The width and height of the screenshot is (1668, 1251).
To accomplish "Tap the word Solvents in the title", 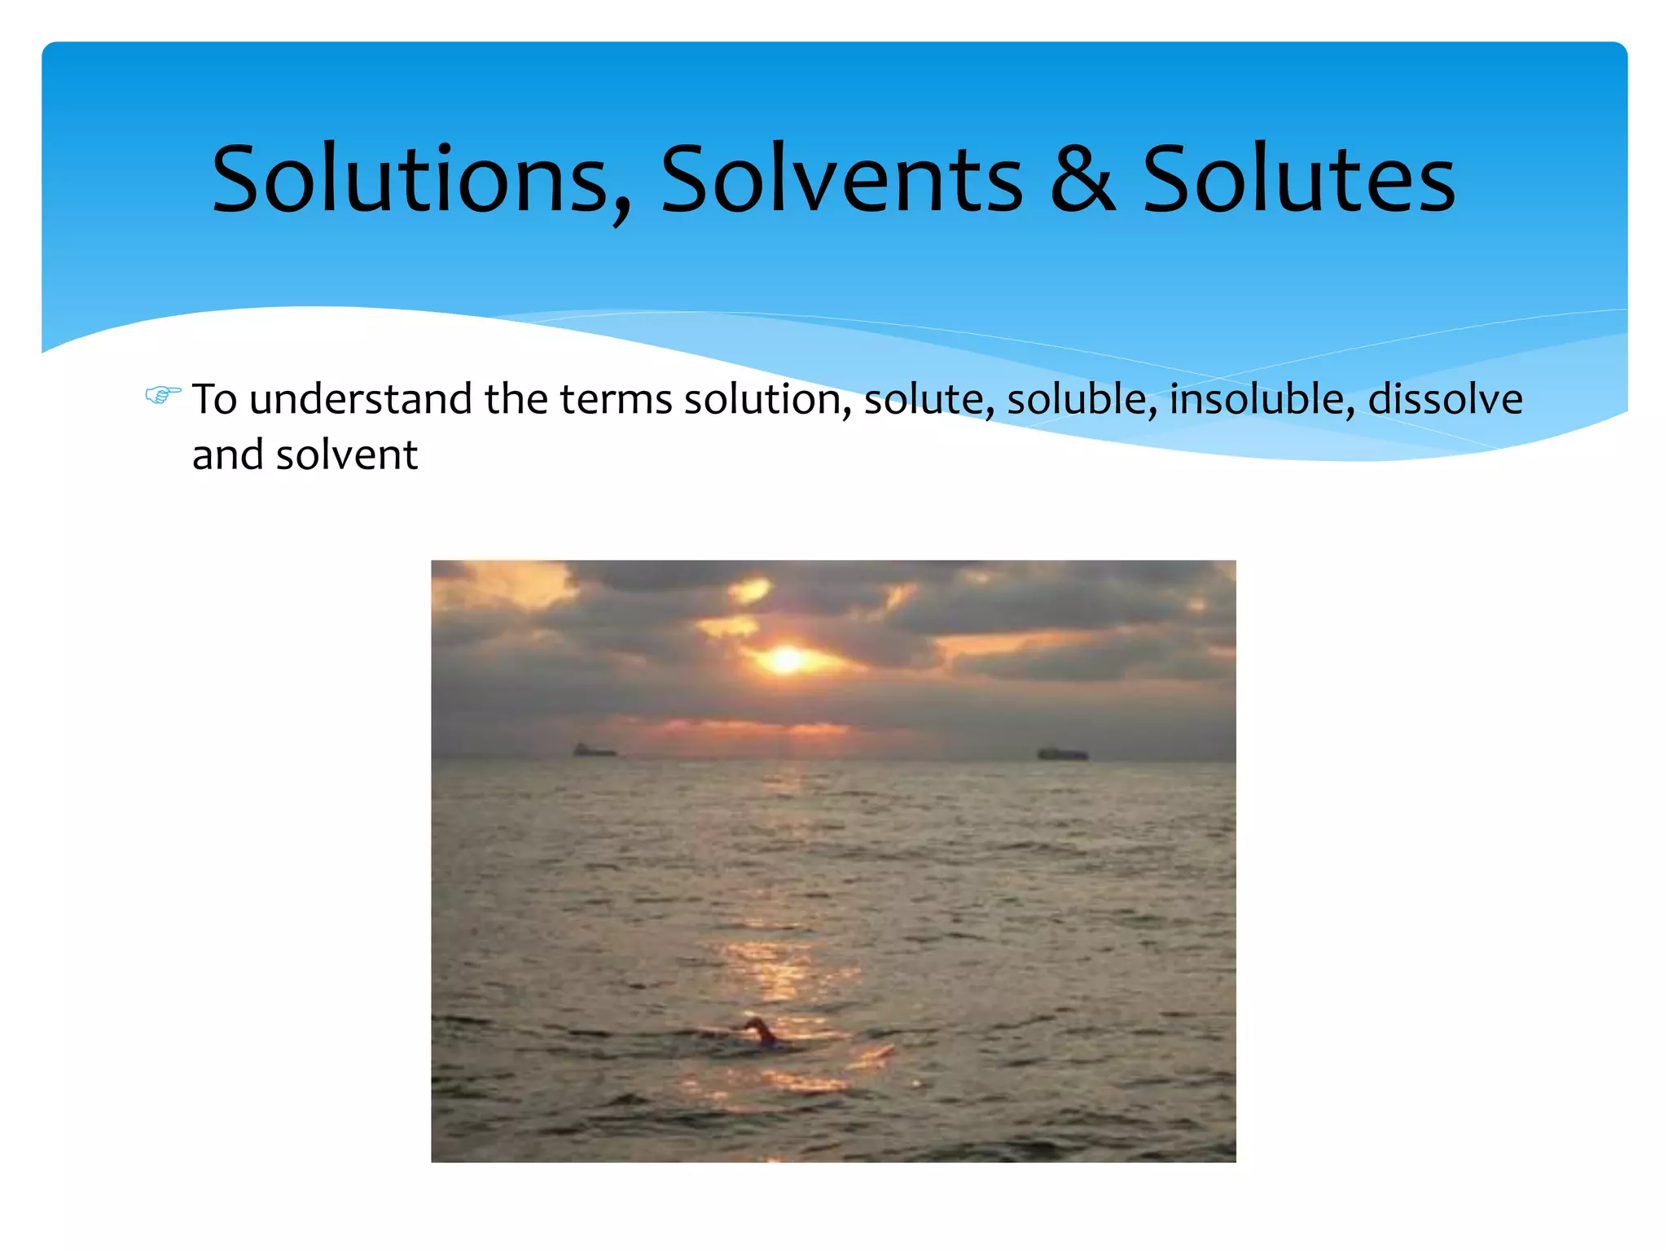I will click(841, 180).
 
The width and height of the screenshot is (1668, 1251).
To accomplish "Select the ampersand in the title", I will click(1082, 180).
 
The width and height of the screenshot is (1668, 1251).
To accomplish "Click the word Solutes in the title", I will click(1298, 180).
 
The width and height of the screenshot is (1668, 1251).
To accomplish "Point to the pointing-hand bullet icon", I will click(162, 396).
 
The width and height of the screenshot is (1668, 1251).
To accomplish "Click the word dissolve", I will click(1445, 400).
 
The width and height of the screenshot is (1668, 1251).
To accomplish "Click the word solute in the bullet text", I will click(928, 400).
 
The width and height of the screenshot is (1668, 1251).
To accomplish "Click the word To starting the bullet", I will click(214, 400).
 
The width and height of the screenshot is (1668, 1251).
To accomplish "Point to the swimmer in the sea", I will click(761, 1031).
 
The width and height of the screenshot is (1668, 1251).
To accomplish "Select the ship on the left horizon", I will click(593, 750).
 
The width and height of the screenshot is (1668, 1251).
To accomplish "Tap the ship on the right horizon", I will click(1063, 753).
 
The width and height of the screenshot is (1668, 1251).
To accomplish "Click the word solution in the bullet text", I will click(767, 400).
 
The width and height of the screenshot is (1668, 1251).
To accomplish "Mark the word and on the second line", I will click(227, 455).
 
